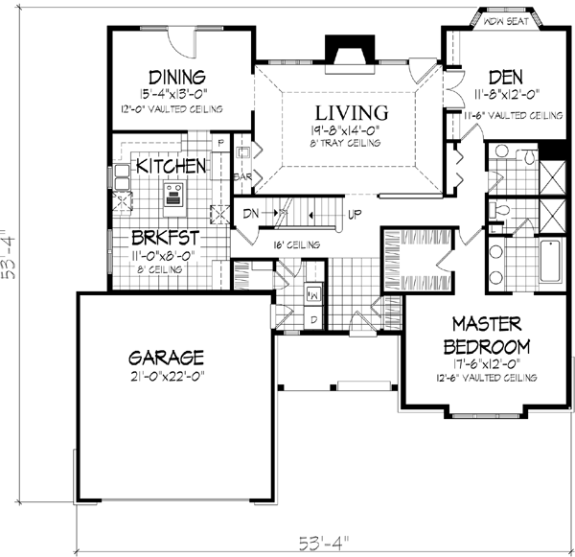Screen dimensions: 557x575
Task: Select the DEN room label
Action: (504, 77)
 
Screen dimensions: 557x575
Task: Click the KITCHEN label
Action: (171, 166)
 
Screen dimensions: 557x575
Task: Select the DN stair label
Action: (251, 212)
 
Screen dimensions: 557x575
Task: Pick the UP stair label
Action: (354, 212)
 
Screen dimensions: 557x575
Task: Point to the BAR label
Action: (242, 177)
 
